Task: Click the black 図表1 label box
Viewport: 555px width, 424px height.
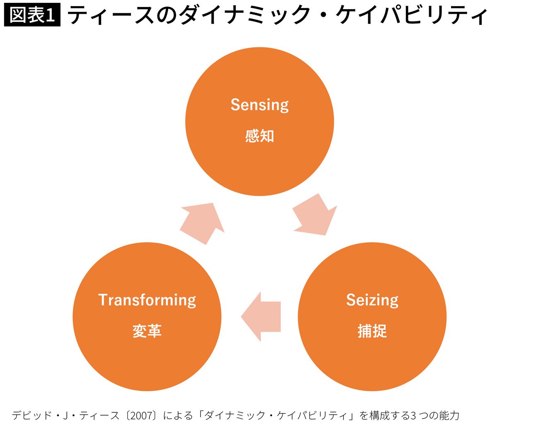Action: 32,15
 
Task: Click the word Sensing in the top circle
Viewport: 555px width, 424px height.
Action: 259,105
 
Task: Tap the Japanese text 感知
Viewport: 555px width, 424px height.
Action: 259,136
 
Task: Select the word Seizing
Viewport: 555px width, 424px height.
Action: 372,300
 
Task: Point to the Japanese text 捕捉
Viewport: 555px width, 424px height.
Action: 372,331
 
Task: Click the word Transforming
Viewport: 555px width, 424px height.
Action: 147,300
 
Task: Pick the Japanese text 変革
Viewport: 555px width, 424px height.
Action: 147,331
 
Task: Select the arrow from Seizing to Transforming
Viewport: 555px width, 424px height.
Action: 261,317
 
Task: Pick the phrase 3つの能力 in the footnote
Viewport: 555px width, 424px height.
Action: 434,415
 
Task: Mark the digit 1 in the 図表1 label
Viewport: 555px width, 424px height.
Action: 51,16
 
